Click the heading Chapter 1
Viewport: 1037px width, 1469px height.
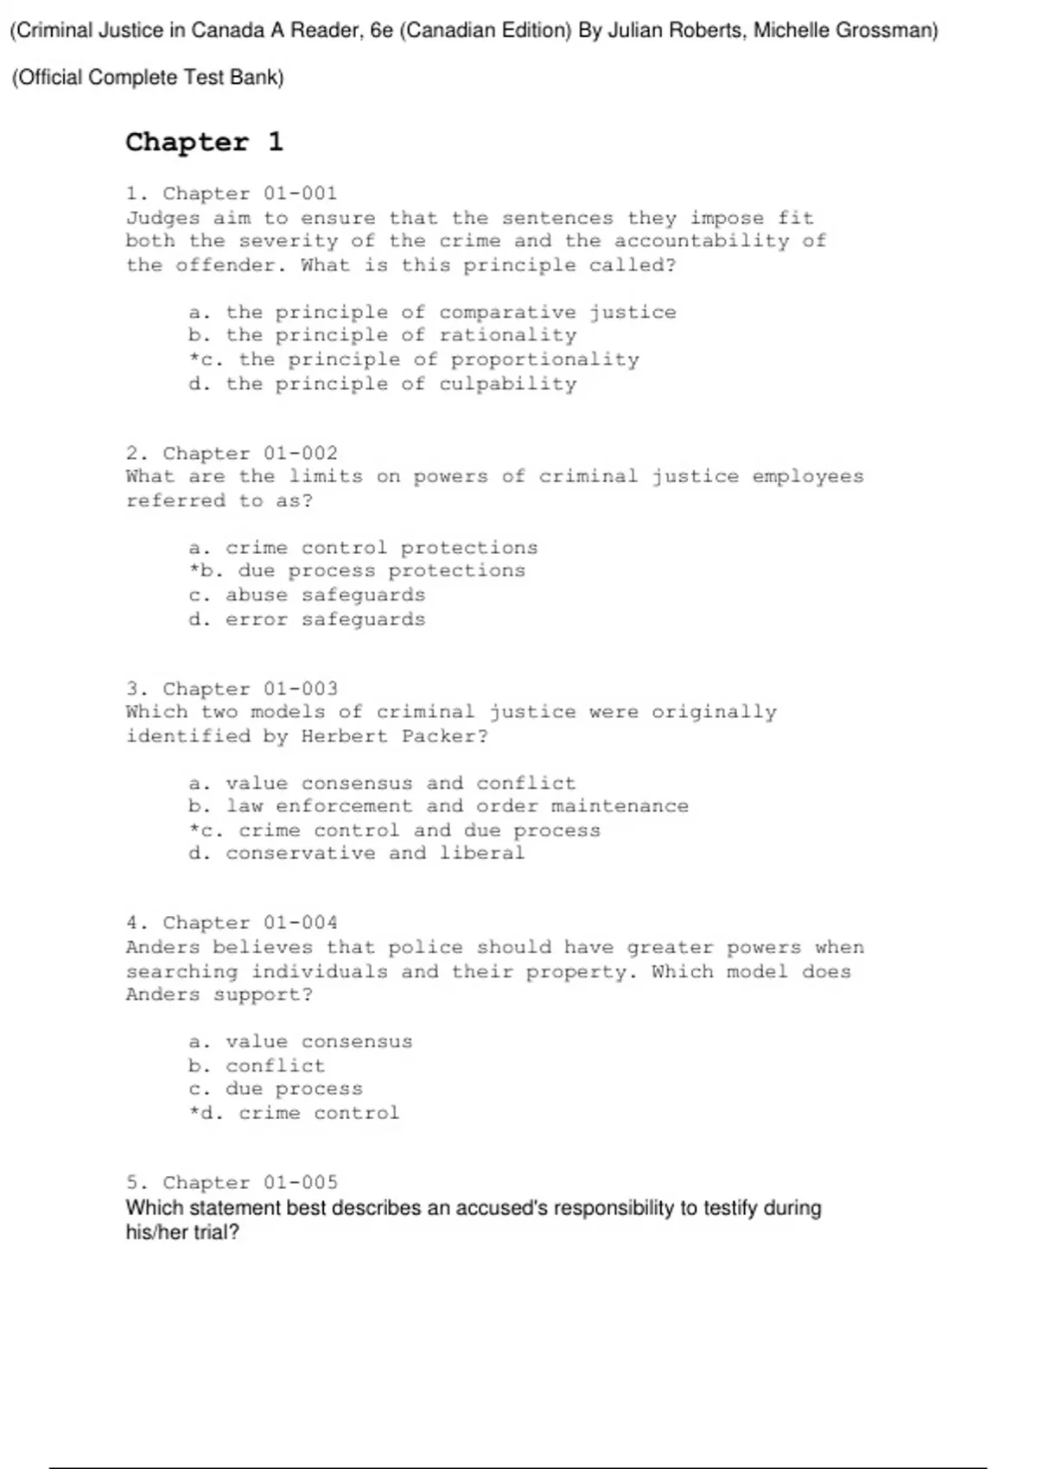204,142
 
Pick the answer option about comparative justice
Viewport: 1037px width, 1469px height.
432,312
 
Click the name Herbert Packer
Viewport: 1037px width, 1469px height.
394,736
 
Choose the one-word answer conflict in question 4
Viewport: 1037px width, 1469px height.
275,1065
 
